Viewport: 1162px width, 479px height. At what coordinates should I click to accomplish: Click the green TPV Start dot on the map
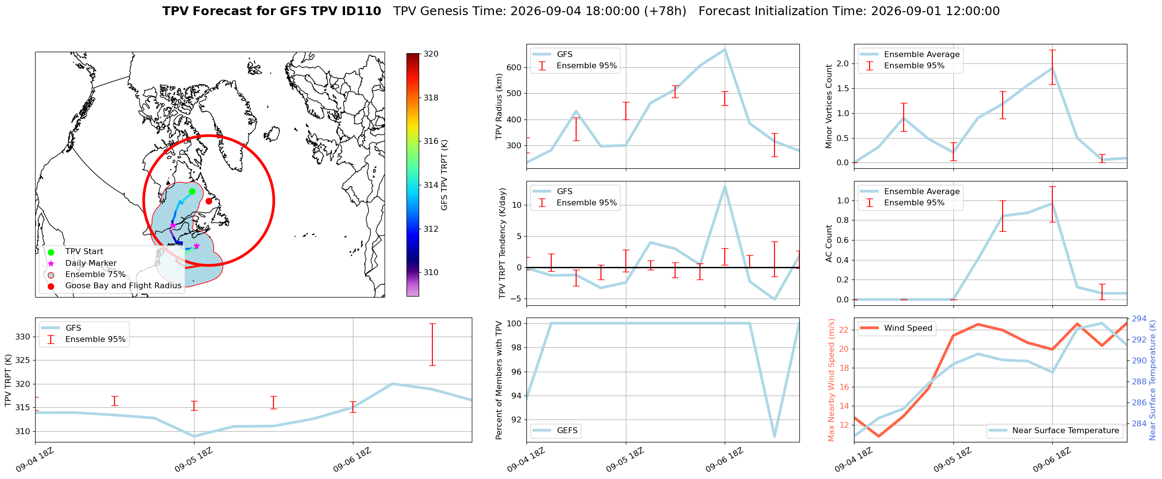pyautogui.click(x=192, y=191)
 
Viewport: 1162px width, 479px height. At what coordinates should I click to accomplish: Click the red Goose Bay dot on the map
pyautogui.click(x=209, y=201)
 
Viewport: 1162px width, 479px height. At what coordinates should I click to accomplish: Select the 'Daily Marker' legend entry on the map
pyautogui.click(x=91, y=263)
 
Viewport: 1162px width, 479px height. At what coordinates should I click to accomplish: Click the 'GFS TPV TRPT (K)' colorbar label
pyautogui.click(x=444, y=175)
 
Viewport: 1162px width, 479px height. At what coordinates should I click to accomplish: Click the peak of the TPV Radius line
pyautogui.click(x=725, y=49)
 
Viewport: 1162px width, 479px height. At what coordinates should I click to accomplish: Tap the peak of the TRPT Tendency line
pyautogui.click(x=725, y=186)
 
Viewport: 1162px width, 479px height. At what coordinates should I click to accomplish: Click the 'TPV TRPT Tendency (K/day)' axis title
pyautogui.click(x=503, y=243)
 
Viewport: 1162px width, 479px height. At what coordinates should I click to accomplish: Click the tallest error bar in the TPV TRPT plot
pyautogui.click(x=432, y=344)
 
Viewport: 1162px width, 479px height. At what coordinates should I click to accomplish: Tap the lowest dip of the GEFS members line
pyautogui.click(x=775, y=436)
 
